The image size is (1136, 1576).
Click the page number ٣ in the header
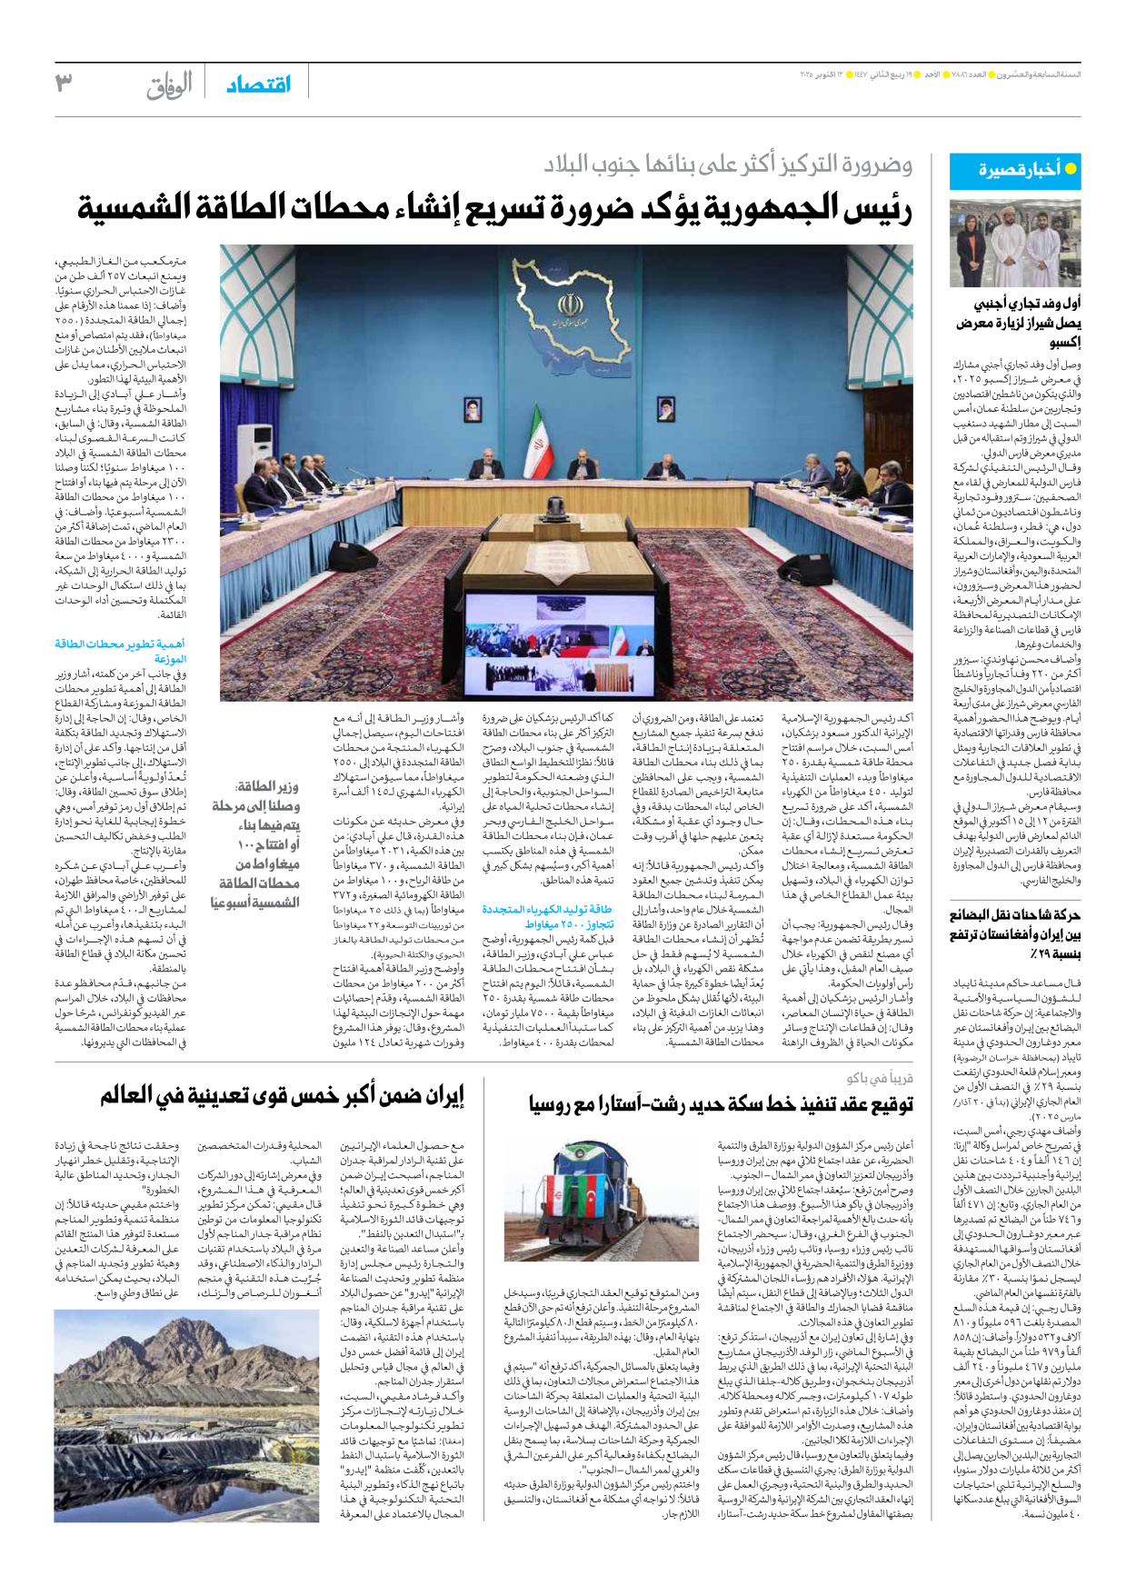[x=64, y=83]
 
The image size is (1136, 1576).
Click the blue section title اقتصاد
[x=258, y=85]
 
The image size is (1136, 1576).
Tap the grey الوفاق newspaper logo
[x=169, y=85]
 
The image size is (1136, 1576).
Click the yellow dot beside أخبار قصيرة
[x=1070, y=169]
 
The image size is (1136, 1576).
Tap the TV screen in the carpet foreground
[x=560, y=643]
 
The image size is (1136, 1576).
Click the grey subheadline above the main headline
[x=727, y=165]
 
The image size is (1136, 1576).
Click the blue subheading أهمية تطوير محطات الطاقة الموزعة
[x=121, y=651]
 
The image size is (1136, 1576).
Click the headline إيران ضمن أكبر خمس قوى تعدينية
[x=282, y=1095]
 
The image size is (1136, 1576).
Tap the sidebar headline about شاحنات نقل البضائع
[x=1015, y=934]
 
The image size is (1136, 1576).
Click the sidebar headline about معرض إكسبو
[x=1018, y=323]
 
